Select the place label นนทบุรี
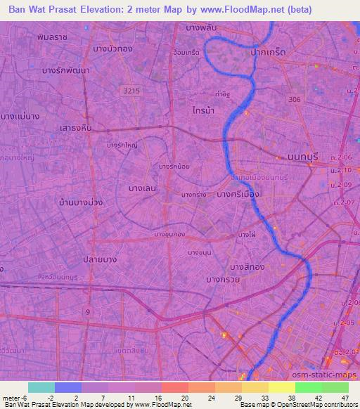(x=304, y=158)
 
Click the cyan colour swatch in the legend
(x=41, y=387)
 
